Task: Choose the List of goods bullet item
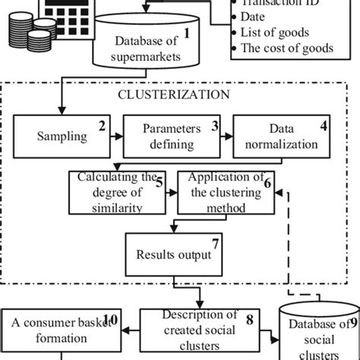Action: [x=280, y=31]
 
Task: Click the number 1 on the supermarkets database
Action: [x=194, y=33]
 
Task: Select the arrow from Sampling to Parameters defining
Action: [x=117, y=137]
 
